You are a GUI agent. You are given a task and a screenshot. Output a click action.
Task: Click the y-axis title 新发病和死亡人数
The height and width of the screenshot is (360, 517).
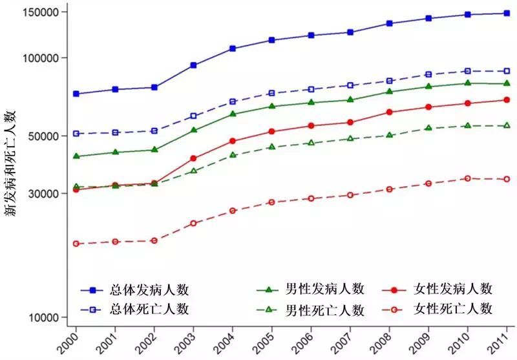tap(11, 164)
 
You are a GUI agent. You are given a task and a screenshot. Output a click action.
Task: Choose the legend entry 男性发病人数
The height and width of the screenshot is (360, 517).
tap(326, 289)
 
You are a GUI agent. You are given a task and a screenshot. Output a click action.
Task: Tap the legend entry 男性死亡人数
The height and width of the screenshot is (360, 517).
tap(326, 310)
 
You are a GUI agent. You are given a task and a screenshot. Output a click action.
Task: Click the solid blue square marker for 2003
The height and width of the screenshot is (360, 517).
tap(193, 65)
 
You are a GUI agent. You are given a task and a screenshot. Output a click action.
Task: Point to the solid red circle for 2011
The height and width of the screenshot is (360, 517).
tap(507, 100)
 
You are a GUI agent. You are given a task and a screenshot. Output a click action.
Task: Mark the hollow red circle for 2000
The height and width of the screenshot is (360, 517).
tap(76, 244)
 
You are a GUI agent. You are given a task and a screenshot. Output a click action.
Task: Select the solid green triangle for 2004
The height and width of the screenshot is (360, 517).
tap(233, 114)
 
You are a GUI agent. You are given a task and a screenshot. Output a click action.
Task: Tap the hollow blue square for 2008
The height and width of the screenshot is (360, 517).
tap(389, 81)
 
